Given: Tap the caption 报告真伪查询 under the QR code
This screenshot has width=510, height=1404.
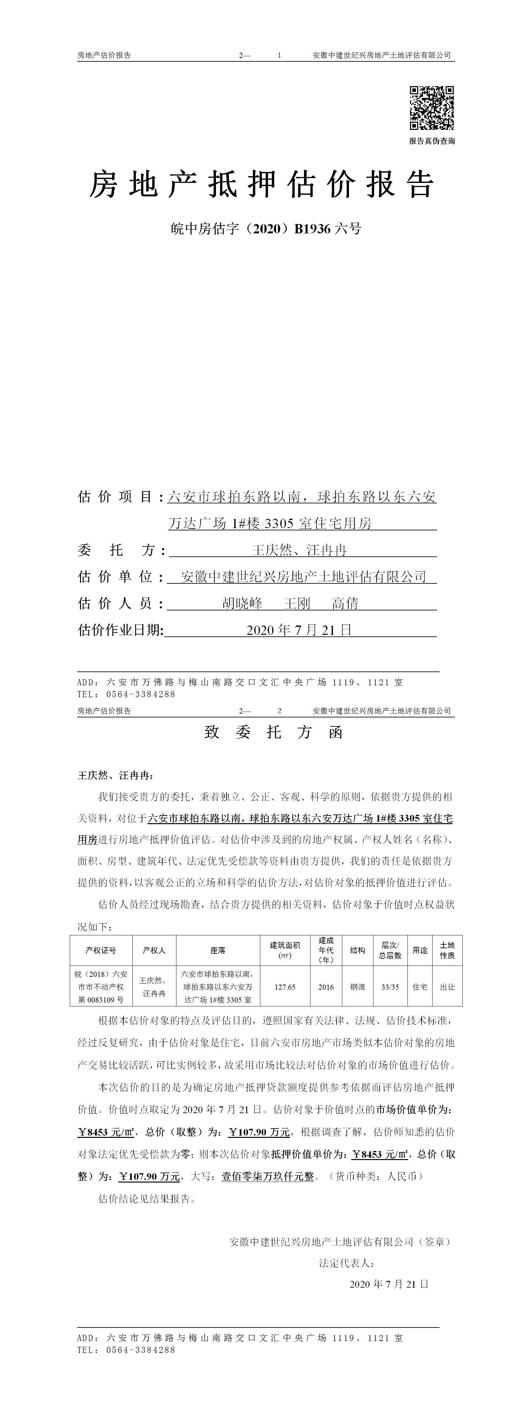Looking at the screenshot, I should click(x=432, y=141).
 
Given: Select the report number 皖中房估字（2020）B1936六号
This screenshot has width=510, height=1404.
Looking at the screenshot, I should click(x=266, y=229).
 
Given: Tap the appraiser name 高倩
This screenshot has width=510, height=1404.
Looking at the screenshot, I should click(x=345, y=603).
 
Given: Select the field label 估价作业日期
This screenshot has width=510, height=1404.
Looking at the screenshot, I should click(x=121, y=630).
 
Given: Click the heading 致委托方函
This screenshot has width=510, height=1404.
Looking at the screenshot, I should click(x=273, y=732).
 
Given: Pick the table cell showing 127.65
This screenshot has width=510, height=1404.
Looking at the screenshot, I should click(x=285, y=987).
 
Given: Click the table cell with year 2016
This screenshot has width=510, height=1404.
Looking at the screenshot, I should click(x=326, y=987).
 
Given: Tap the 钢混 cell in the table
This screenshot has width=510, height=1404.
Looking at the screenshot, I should click(x=357, y=987).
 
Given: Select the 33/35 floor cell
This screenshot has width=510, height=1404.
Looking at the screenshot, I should click(x=390, y=987).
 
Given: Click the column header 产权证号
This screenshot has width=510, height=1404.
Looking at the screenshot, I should click(x=101, y=950).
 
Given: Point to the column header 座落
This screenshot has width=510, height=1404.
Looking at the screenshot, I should click(x=218, y=950).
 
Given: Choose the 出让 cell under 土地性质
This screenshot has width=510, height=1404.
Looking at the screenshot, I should click(x=447, y=987).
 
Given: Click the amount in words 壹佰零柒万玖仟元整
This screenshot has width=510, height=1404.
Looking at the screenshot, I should click(x=267, y=1177).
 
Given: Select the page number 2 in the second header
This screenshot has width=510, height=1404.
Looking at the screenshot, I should click(x=280, y=711).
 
